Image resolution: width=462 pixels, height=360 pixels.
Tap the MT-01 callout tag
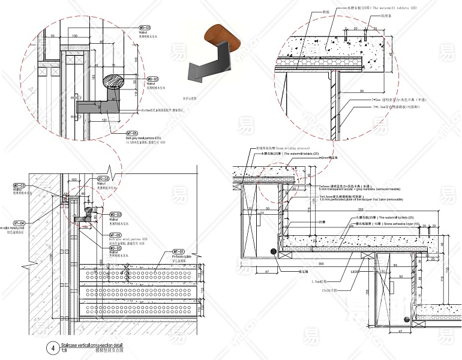pos(178,251)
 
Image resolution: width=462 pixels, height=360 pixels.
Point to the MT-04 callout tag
pos(21,223)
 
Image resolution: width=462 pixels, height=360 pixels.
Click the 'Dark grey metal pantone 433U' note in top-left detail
pos(139,139)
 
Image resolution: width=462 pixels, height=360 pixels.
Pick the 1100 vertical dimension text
pos(52,256)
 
